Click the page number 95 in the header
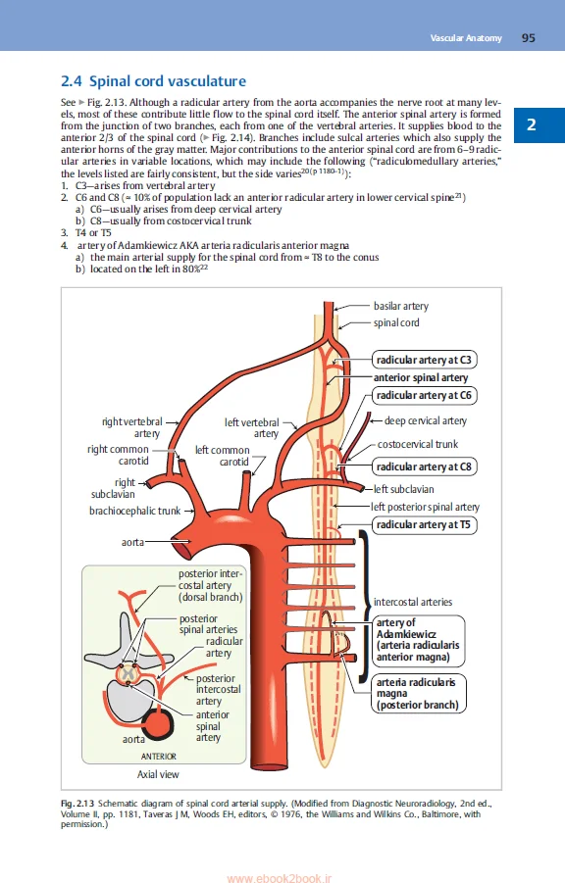[528, 38]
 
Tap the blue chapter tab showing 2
[531, 124]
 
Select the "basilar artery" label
[401, 306]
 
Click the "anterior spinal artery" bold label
[421, 377]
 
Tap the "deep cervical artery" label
[425, 421]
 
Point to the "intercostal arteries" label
[413, 602]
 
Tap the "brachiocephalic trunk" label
[134, 511]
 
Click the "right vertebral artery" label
[132, 427]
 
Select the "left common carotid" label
[222, 456]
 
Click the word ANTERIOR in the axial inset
[158, 757]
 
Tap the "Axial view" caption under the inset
[158, 774]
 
